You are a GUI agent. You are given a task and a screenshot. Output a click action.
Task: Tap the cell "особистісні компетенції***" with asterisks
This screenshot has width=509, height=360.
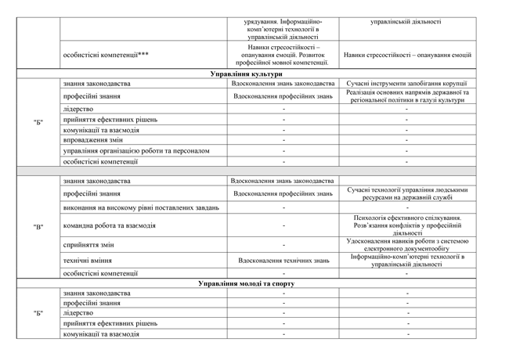point(106,56)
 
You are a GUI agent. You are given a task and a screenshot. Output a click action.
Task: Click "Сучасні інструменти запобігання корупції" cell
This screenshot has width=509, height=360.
point(406,84)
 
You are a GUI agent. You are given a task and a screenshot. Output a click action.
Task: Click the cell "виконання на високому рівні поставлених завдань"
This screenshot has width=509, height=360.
point(141,208)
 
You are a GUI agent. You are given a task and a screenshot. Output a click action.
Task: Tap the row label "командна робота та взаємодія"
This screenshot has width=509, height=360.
point(109,226)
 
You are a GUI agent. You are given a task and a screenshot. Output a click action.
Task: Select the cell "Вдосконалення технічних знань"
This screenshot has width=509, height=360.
point(283,261)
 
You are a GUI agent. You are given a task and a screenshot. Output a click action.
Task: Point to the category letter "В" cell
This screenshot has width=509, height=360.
point(38,227)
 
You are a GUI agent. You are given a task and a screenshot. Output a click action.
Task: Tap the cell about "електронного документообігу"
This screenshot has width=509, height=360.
point(406,246)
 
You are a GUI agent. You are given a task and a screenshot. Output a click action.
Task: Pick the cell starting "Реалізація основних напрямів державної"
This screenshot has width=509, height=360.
point(406,96)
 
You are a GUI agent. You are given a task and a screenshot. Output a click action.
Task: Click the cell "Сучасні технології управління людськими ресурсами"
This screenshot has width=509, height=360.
point(406,193)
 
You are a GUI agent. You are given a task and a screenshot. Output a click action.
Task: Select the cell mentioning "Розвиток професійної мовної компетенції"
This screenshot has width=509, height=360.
point(283,56)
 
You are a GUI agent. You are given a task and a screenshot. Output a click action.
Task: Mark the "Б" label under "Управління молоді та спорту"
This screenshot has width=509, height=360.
point(38,313)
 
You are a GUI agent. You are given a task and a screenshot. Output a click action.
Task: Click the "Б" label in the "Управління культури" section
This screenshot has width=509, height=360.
point(38,122)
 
